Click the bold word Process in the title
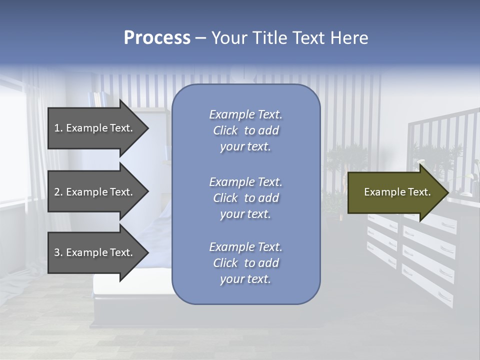(x=157, y=38)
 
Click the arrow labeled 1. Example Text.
(x=95, y=128)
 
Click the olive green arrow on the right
(x=395, y=192)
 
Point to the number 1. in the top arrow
(x=58, y=128)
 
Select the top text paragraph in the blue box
(x=245, y=130)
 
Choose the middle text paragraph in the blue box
(x=245, y=198)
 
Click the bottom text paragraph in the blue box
(x=245, y=263)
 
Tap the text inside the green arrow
(x=397, y=192)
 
